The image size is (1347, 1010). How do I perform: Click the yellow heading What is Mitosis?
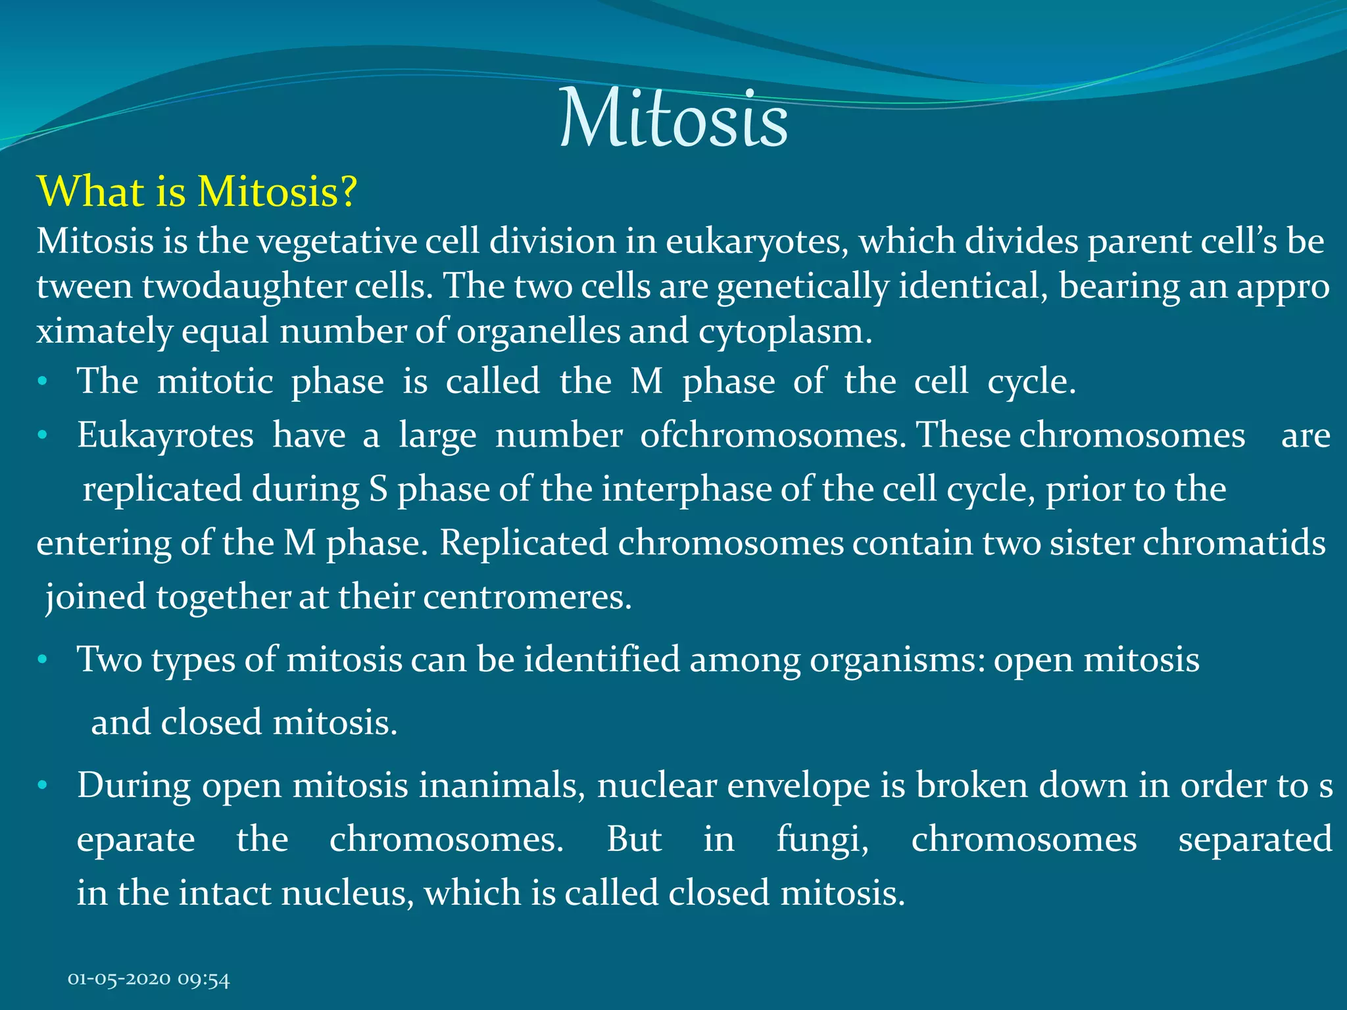point(197,192)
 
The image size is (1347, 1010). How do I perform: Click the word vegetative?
point(336,242)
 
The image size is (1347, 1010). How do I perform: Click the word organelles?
point(538,331)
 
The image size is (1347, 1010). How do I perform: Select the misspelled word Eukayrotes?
point(165,437)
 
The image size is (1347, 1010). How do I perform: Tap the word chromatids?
point(1234,543)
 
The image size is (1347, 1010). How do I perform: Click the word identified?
point(602,660)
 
